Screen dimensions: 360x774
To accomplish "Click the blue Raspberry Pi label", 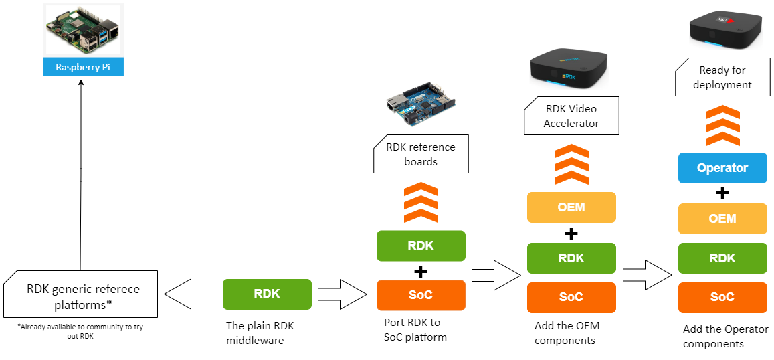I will coord(83,67).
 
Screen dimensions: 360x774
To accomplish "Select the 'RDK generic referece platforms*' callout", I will coord(81,294).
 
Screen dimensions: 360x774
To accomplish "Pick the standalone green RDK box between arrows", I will coord(267,294).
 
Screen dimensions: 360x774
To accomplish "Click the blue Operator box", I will coord(722,168).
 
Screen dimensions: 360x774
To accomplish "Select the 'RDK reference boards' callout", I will coord(421,154).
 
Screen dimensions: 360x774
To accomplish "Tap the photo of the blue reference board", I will coord(424,104).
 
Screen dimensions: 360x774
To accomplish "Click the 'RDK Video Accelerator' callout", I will coord(571,116).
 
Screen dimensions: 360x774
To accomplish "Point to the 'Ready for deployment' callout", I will coord(722,77).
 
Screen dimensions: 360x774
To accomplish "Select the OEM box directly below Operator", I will coord(722,219).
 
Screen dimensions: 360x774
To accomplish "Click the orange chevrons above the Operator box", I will coord(722,126).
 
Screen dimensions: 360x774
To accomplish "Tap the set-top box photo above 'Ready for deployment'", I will coord(726,29).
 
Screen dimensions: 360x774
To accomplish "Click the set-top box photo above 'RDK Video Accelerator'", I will coord(569,69).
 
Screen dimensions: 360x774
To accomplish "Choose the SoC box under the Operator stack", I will coord(722,297).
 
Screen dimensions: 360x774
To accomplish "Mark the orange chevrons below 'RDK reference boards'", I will coord(421,203).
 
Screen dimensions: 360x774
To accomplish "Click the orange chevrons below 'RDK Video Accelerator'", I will coord(571,165).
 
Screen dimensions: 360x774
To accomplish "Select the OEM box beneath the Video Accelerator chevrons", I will coord(571,207).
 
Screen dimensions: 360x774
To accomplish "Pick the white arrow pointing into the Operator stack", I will coord(646,275).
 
